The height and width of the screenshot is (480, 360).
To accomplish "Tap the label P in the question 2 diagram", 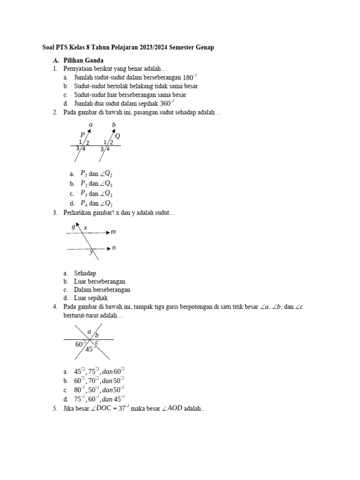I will pyautogui.click(x=82, y=135).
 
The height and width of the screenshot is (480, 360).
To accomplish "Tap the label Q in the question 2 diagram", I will pyautogui.click(x=118, y=136).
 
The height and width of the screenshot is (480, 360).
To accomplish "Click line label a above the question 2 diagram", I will pyautogui.click(x=90, y=124).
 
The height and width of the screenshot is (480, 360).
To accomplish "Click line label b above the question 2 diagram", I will pyautogui.click(x=113, y=125).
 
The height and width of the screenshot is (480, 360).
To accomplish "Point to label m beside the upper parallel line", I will pyautogui.click(x=113, y=232).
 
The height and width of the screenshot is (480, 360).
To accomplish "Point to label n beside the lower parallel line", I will pyautogui.click(x=113, y=247).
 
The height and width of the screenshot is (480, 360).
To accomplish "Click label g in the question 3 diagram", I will pyautogui.click(x=73, y=226).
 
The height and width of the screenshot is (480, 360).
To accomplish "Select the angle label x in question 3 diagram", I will pyautogui.click(x=85, y=228).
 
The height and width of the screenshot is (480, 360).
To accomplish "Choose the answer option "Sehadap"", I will pyautogui.click(x=85, y=273).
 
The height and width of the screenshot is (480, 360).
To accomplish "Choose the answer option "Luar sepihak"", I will pyautogui.click(x=91, y=298).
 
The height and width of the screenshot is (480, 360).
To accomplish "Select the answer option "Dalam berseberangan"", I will pyautogui.click(x=102, y=290).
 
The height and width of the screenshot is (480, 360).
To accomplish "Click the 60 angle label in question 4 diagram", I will pyautogui.click(x=79, y=345).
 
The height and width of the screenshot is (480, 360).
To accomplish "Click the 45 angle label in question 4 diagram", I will pyautogui.click(x=90, y=349).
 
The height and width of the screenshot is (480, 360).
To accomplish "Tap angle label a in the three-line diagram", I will pyautogui.click(x=89, y=331).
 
